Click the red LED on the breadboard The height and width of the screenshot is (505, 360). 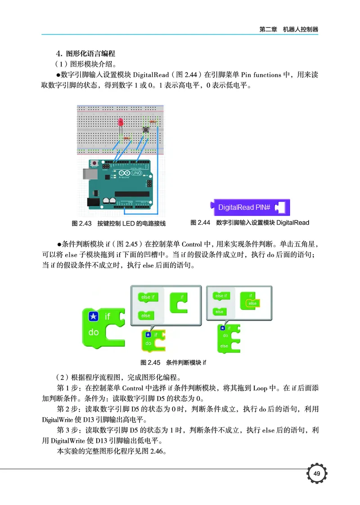click(x=121, y=122)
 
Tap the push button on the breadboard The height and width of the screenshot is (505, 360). click(x=146, y=130)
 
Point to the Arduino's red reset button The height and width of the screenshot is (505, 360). click(x=95, y=162)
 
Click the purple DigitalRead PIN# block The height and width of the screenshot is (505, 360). click(x=251, y=207)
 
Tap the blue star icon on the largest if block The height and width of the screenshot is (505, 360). click(x=93, y=317)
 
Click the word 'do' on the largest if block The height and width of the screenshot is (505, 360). click(x=94, y=333)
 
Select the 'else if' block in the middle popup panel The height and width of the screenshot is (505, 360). click(x=147, y=298)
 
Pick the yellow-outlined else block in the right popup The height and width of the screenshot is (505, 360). click(x=252, y=303)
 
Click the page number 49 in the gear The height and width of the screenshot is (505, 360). click(x=316, y=473)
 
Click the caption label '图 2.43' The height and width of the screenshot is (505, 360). click(x=82, y=223)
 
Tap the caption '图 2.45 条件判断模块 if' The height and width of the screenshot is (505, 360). click(x=173, y=362)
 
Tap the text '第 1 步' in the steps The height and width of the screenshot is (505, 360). click(x=68, y=388)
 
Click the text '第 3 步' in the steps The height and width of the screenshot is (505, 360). click(x=68, y=430)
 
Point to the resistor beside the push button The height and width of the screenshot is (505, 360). click(x=154, y=122)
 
